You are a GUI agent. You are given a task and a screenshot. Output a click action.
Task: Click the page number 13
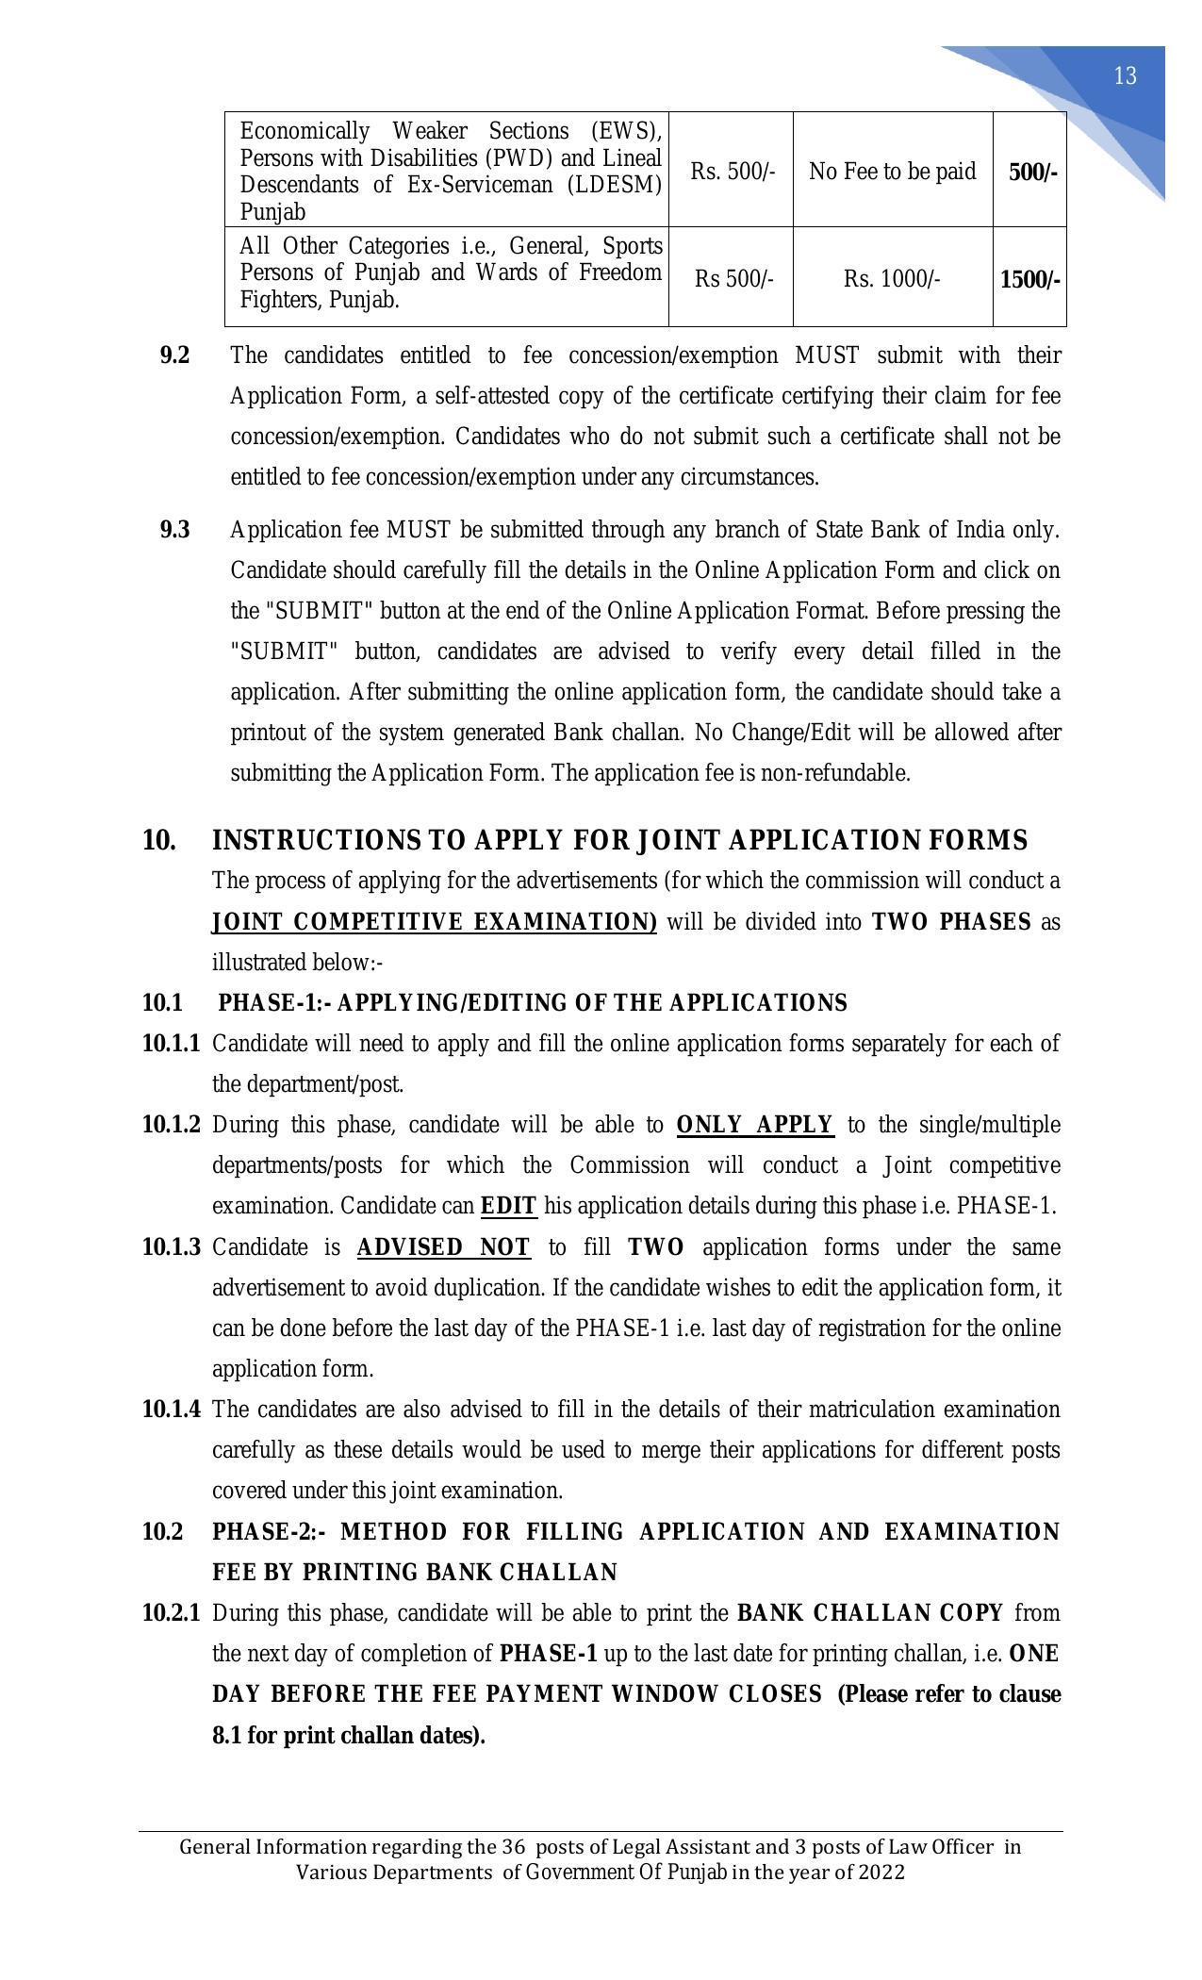click(1125, 76)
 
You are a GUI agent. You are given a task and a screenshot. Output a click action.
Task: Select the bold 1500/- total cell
click(1029, 280)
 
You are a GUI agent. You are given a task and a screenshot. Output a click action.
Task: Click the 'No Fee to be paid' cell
click(892, 172)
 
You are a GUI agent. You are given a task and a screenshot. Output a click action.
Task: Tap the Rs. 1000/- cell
click(892, 280)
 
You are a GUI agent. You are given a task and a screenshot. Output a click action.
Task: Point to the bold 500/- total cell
click(1032, 173)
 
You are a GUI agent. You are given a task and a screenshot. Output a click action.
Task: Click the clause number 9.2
click(174, 355)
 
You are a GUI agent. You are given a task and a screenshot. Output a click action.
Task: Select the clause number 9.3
click(174, 530)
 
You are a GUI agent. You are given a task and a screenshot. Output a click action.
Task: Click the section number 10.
click(158, 840)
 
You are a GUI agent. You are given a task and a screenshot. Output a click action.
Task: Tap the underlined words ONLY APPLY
click(754, 1125)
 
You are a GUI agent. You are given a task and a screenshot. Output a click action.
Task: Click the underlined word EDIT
click(508, 1207)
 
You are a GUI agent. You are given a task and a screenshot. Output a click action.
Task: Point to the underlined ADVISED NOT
click(443, 1247)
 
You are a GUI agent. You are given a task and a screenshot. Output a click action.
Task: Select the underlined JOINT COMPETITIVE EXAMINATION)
click(434, 922)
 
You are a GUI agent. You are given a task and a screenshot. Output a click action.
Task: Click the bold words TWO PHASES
click(951, 922)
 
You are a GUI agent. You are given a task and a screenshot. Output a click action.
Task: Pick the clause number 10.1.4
click(171, 1410)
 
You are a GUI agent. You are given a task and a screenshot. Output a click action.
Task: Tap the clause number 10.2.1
click(171, 1613)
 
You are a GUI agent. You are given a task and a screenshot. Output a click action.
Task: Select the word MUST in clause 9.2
click(827, 355)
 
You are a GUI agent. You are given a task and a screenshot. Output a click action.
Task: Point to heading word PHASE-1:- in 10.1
click(274, 1003)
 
